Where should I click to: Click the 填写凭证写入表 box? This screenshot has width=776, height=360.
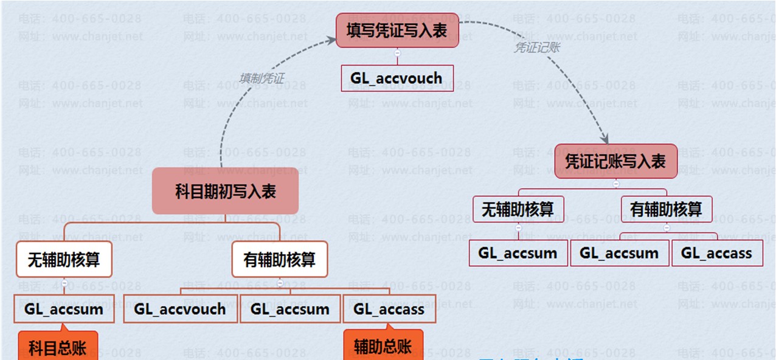coord(397,30)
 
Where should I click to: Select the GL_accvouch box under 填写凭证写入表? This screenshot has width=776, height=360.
coord(397,78)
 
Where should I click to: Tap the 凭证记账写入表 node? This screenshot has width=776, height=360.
coord(615,161)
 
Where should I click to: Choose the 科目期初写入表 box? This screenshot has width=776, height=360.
coord(225,192)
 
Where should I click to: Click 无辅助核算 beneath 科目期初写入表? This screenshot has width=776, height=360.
coord(64,260)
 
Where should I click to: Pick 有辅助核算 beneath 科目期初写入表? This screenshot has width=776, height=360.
coord(280,260)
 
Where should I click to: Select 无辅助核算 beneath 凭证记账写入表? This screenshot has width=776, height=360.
coord(518,209)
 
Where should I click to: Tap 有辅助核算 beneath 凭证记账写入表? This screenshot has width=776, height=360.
coord(666,209)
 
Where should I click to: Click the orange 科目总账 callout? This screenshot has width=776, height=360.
coord(58,347)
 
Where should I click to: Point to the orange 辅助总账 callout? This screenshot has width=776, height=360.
coord(383,347)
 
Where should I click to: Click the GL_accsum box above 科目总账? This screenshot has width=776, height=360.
coord(64,309)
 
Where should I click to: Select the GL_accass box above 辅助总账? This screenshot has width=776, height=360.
coord(389,309)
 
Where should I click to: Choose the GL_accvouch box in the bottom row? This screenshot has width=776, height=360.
coord(180,309)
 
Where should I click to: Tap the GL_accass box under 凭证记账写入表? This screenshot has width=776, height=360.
coord(717,253)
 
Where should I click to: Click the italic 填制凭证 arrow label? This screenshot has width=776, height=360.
coord(262,78)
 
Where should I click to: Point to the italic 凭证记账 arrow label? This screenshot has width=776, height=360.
coord(536,47)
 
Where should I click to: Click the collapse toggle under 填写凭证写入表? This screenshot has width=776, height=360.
coord(397,54)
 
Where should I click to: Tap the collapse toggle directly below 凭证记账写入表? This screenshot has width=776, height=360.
coord(616,184)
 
